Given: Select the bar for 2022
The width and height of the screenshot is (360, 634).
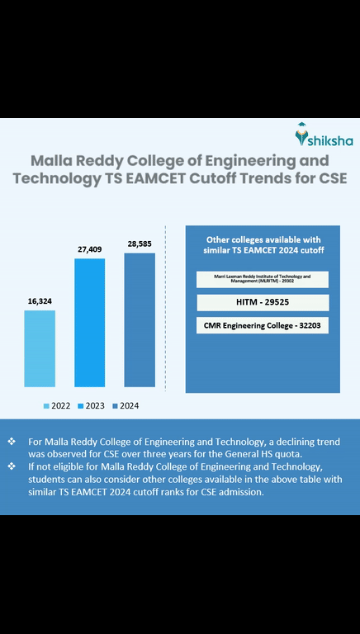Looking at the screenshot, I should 40,348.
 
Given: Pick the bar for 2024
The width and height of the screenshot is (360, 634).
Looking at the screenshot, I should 140,319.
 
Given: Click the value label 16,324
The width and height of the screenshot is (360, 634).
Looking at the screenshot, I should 40,301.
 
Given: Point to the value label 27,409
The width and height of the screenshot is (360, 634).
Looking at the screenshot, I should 90,248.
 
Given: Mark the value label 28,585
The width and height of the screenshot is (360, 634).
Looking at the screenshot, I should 140,244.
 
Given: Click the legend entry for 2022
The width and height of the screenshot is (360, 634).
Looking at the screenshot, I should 56,405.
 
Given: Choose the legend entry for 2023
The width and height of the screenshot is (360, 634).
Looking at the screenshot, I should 91,405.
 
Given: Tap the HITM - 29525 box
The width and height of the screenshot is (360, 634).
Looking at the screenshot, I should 262,303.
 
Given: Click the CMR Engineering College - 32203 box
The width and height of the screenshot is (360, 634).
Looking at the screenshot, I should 262,326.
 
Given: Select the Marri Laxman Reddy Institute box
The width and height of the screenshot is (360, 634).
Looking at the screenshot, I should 262,279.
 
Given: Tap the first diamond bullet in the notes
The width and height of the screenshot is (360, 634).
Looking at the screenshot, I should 12,442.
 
